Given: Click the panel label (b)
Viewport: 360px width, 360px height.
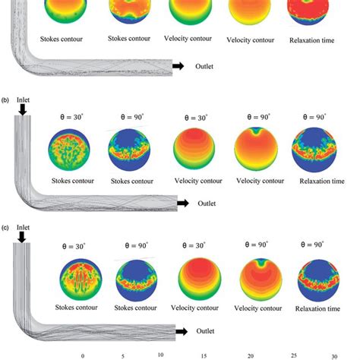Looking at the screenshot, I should tap(6, 99).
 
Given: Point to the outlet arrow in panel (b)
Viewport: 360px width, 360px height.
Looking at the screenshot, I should tap(182, 204).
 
